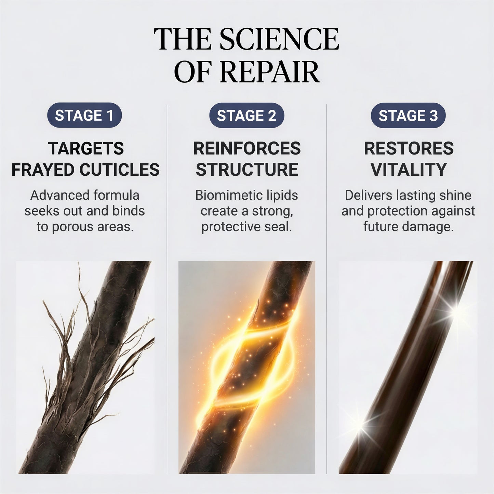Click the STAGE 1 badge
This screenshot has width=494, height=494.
point(84,115)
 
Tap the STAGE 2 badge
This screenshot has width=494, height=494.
point(246,115)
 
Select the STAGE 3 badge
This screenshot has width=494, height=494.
point(408,115)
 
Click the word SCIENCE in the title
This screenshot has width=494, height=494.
point(279,39)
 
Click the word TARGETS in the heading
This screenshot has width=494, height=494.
point(86,148)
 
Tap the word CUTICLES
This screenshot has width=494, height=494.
point(120,170)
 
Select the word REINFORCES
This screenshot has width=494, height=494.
point(247,148)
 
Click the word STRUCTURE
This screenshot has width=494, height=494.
point(247,170)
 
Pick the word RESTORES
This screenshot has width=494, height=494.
point(409,148)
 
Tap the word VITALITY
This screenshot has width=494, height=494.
point(409,170)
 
